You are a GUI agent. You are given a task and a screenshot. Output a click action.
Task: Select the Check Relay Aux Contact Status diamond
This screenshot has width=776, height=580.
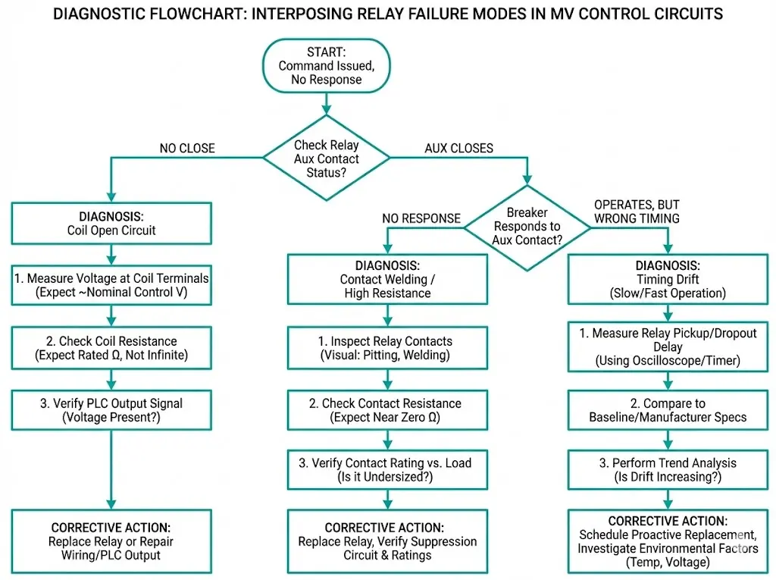coord(327,158)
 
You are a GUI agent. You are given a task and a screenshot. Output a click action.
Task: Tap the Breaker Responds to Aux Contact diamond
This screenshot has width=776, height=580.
coord(528,226)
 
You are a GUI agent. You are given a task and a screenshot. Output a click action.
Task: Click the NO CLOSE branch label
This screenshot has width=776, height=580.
coord(187,149)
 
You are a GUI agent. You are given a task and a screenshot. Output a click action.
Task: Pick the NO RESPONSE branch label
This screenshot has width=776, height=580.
coord(421,218)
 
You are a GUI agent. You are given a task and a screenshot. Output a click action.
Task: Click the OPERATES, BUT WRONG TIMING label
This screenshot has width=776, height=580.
coord(637,212)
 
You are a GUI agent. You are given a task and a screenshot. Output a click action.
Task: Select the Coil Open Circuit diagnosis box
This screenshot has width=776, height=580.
coord(111,224)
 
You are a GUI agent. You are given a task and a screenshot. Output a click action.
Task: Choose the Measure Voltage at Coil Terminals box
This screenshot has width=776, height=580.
coord(111,285)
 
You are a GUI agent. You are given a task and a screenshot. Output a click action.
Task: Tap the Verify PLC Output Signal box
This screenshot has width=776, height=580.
coord(111,409)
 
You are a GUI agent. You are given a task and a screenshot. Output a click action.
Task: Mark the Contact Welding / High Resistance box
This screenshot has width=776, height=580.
coord(386,280)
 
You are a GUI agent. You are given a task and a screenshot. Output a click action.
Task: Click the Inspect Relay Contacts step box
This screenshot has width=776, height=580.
coord(386,348)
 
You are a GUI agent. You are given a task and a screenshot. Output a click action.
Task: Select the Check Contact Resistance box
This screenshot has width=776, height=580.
coord(386,409)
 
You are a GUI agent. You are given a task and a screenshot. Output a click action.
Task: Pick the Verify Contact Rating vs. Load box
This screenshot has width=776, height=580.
coord(386,469)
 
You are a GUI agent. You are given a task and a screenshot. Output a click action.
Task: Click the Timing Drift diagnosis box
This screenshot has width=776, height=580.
coord(668,280)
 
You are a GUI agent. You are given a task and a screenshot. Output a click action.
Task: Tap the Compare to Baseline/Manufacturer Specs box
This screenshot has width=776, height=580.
coord(668,410)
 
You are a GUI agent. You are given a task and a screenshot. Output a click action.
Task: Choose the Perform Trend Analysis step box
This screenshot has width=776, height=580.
coord(668,469)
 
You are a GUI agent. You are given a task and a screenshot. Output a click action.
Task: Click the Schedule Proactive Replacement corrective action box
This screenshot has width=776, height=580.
coord(668,541)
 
